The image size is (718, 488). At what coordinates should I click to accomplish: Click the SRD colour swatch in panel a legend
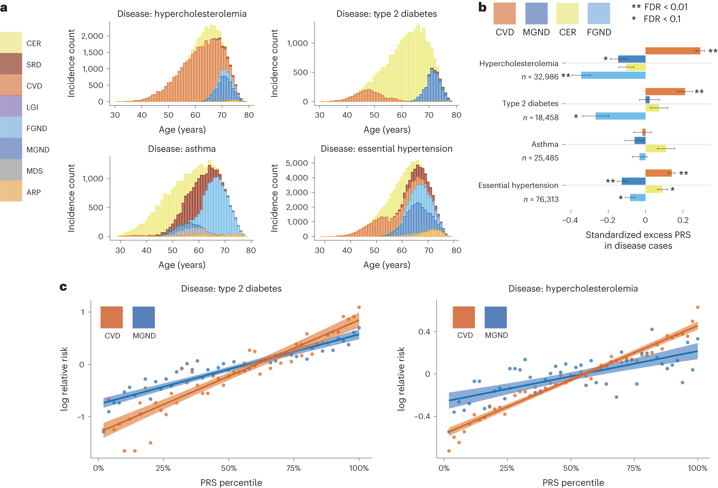click(x=11, y=64)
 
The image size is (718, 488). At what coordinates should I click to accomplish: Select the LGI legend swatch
click(x=11, y=106)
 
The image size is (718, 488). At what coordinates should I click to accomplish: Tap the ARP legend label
click(x=34, y=192)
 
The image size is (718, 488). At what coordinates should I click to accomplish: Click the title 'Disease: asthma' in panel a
click(x=181, y=149)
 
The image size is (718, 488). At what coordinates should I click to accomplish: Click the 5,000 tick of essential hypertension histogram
click(x=297, y=163)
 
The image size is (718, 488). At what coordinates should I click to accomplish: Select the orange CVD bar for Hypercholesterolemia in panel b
click(x=672, y=51)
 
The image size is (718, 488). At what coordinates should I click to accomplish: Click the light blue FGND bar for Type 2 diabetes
click(x=620, y=116)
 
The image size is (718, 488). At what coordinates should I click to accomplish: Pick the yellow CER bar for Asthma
click(x=655, y=149)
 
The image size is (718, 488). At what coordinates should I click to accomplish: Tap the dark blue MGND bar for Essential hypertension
click(x=633, y=181)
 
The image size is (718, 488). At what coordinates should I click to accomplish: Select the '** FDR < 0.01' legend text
click(x=659, y=7)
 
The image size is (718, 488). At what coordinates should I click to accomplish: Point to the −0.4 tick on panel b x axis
click(x=570, y=220)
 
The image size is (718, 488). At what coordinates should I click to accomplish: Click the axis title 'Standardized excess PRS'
click(x=638, y=235)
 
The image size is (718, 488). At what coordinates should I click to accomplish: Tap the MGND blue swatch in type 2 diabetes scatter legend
click(x=143, y=317)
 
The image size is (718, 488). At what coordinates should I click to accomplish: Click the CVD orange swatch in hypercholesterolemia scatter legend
click(x=464, y=317)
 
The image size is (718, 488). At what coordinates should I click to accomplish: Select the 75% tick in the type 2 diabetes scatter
click(x=293, y=468)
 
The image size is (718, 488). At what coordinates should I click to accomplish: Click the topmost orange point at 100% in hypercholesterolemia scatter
click(x=697, y=307)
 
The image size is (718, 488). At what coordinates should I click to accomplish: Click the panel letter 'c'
click(x=63, y=287)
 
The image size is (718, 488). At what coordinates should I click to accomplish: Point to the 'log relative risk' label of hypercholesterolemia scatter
click(x=401, y=379)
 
